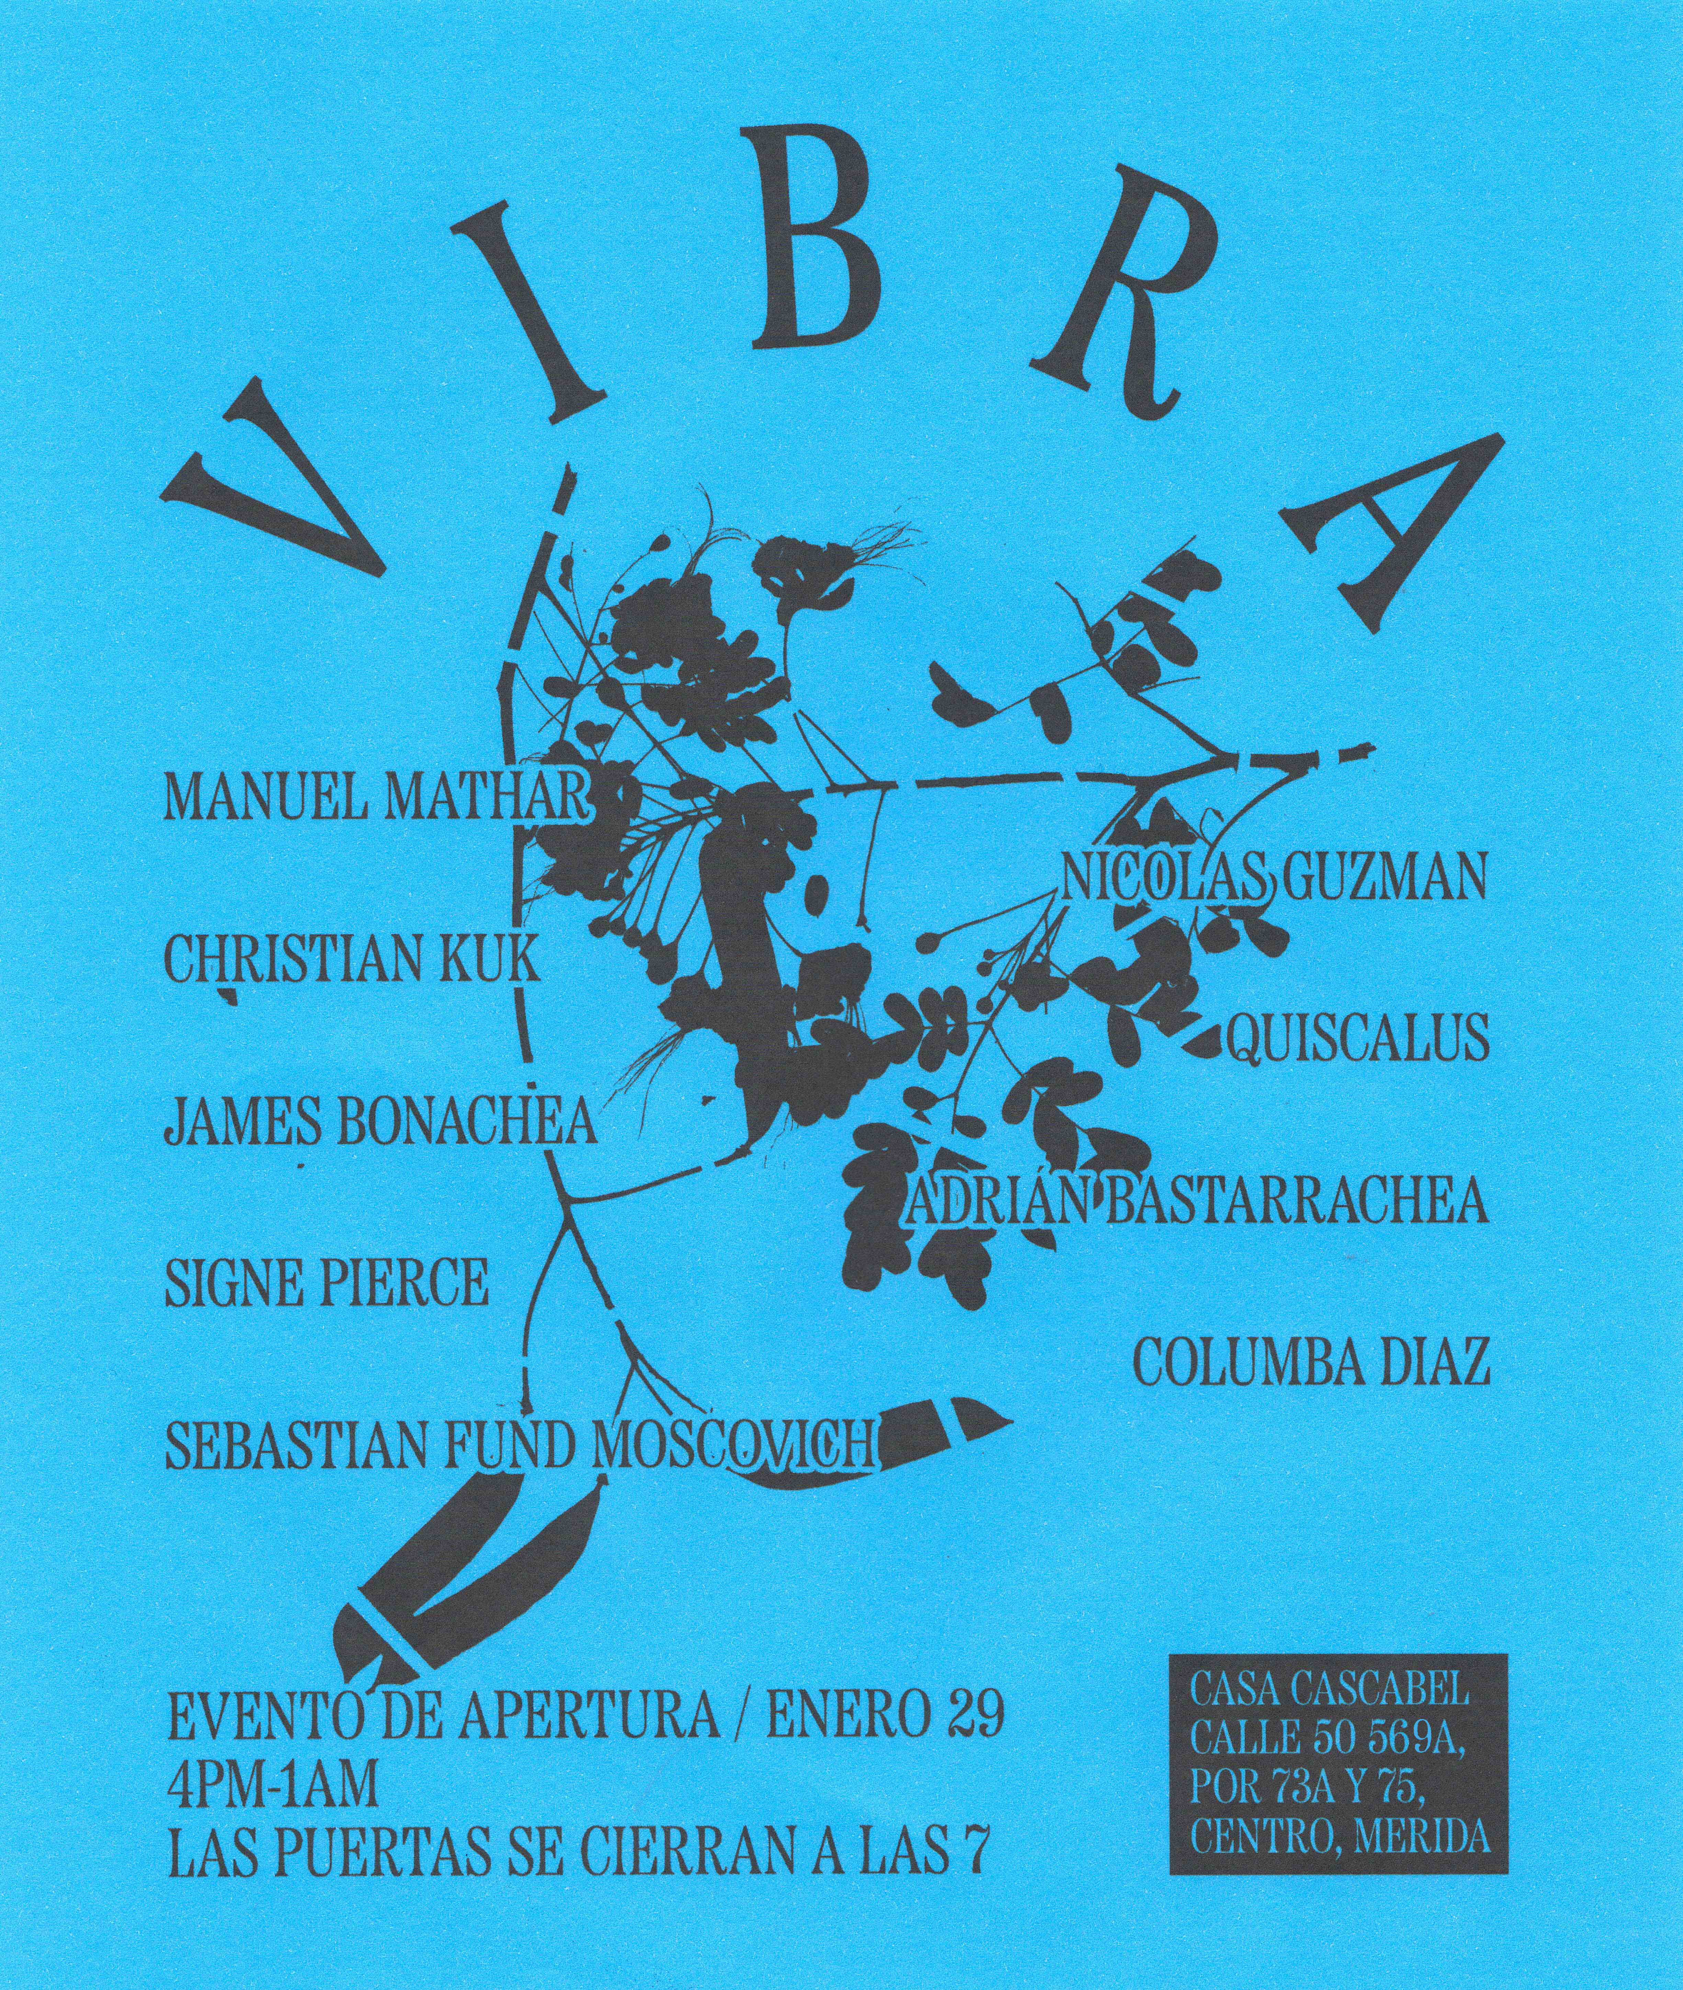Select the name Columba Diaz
point(1311,1362)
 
